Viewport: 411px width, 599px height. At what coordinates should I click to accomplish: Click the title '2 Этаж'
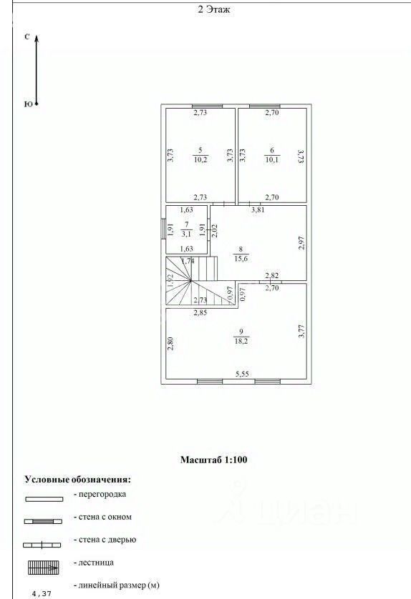(x=214, y=9)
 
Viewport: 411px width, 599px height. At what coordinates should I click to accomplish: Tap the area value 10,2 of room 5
(x=200, y=160)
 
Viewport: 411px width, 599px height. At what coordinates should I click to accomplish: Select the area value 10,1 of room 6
(x=272, y=160)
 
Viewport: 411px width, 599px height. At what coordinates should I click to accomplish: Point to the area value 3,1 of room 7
(x=187, y=234)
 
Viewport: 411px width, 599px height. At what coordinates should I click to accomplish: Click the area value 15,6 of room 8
(x=241, y=259)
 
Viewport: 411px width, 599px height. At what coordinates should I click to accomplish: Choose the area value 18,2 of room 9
(x=241, y=341)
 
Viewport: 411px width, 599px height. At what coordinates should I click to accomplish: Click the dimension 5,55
(x=242, y=374)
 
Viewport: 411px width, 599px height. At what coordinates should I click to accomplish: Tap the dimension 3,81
(x=258, y=209)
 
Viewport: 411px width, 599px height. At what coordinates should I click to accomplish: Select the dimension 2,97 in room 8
(x=301, y=243)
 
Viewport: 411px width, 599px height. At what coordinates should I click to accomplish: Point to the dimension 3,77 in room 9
(x=301, y=331)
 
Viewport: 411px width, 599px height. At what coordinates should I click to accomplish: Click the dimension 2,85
(x=200, y=312)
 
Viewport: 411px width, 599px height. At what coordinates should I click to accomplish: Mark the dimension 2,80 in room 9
(x=170, y=343)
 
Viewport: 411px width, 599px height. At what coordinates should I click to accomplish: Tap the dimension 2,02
(x=214, y=231)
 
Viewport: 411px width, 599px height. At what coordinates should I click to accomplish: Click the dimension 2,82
(x=272, y=275)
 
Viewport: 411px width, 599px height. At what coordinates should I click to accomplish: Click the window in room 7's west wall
(x=163, y=230)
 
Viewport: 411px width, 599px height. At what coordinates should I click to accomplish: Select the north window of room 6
(x=265, y=107)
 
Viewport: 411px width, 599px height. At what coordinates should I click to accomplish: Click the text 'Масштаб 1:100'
(x=213, y=460)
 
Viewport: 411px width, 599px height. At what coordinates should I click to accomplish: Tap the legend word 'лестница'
(x=96, y=563)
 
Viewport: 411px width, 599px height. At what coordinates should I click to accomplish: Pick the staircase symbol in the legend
(x=43, y=568)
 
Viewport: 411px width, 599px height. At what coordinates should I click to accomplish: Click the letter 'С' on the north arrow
(x=26, y=37)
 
